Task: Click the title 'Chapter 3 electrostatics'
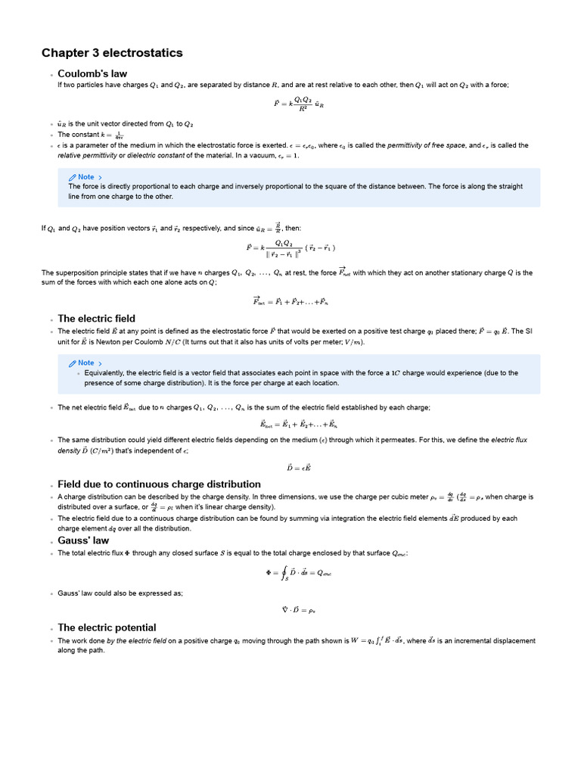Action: pos(112,53)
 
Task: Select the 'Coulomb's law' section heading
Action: pos(92,73)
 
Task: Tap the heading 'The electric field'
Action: pos(96,319)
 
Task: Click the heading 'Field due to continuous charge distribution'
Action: pos(159,484)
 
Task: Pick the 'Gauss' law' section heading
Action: pos(83,540)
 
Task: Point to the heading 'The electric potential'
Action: pos(107,627)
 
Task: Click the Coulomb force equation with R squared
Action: pos(290,104)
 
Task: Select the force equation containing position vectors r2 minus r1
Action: pos(290,247)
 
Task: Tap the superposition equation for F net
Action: pos(290,300)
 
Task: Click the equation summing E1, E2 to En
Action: pos(290,425)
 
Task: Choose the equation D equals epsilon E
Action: pos(290,467)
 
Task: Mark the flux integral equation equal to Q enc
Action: pos(290,573)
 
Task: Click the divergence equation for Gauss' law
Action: pos(290,609)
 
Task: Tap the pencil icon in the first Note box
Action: pos(73,177)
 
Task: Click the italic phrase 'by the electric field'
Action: pos(138,641)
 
